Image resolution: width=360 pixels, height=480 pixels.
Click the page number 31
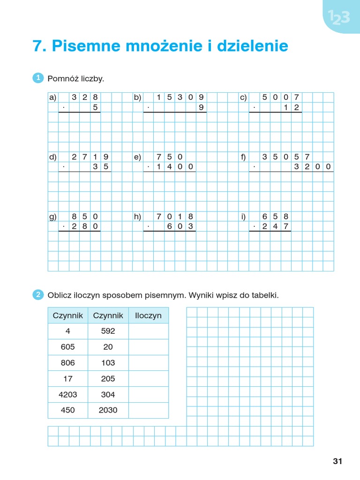click(x=337, y=461)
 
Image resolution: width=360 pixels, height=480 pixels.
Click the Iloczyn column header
click(x=148, y=315)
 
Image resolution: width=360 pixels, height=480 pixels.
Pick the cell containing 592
click(x=108, y=331)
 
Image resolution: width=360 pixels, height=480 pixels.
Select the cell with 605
click(x=67, y=347)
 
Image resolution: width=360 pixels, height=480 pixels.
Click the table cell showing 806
click(x=67, y=363)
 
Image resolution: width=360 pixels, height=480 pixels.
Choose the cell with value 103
click(x=108, y=363)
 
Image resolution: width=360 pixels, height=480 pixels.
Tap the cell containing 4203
click(x=67, y=394)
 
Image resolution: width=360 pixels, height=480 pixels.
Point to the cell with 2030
click(x=108, y=410)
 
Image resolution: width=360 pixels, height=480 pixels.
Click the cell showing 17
click(x=67, y=379)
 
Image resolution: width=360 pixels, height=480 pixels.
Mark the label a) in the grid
click(x=52, y=97)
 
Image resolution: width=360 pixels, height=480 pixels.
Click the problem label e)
click(x=137, y=157)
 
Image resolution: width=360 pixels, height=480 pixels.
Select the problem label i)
click(x=243, y=217)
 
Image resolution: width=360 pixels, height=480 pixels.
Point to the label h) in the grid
click(x=137, y=217)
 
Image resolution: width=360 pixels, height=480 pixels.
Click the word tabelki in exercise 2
click(x=263, y=295)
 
